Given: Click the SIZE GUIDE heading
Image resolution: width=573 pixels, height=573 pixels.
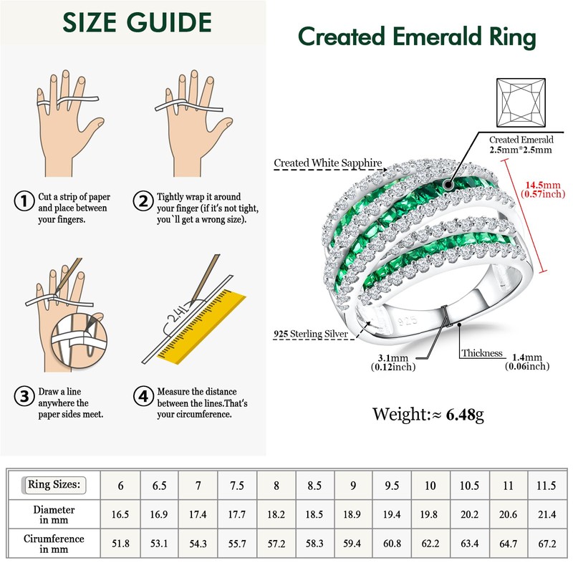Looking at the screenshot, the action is [138, 24].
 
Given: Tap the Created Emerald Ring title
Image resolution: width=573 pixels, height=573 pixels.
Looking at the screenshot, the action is [416, 37].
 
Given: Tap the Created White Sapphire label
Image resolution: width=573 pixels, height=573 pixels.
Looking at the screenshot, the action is [328, 163].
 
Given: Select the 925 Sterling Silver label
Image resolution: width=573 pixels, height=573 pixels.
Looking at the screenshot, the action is [311, 334].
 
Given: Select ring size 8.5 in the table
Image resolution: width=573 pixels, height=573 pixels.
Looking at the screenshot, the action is [314, 486].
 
